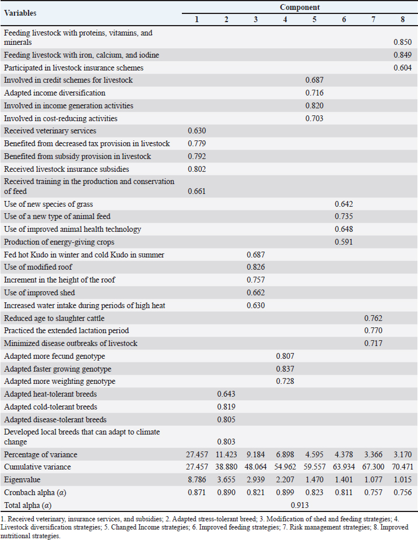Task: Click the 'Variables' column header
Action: click(20, 12)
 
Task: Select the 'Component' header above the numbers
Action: click(299, 7)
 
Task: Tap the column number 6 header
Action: click(344, 20)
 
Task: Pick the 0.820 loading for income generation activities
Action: click(314, 105)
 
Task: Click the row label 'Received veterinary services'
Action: click(50, 131)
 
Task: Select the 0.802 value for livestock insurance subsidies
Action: click(196, 169)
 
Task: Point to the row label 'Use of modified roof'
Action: click(38, 267)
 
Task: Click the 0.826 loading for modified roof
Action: click(255, 267)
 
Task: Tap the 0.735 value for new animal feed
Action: click(343, 216)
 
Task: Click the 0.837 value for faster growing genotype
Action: click(284, 369)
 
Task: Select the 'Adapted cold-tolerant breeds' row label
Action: click(51, 407)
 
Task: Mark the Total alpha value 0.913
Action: click(299, 504)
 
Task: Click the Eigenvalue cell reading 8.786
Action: click(196, 479)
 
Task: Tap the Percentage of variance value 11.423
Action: click(226, 454)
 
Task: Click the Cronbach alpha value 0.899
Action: click(284, 492)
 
